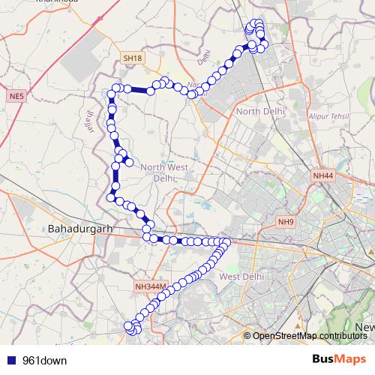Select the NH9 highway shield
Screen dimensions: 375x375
click(x=286, y=222)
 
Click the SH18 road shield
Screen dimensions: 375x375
click(x=133, y=58)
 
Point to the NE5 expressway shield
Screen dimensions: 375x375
click(x=16, y=97)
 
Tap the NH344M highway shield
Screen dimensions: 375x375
click(x=151, y=286)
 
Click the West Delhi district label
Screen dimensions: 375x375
click(x=241, y=277)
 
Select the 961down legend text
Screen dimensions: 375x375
click(x=44, y=360)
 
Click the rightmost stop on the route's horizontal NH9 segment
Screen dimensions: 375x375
click(x=226, y=241)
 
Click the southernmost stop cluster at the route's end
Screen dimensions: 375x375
click(x=133, y=328)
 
